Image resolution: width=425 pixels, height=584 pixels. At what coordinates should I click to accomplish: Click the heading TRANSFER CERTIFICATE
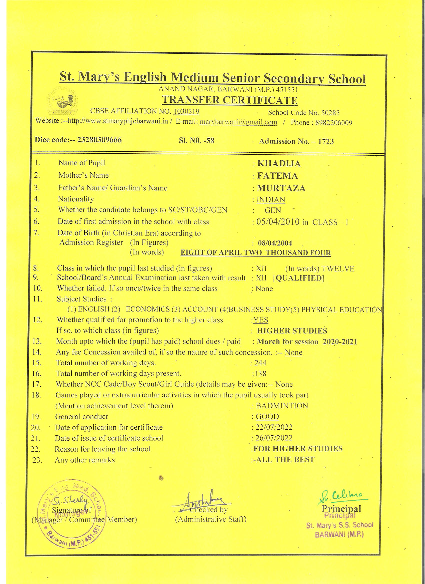coord(229,100)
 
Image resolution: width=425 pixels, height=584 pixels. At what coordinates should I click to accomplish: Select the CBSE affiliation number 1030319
coord(186,111)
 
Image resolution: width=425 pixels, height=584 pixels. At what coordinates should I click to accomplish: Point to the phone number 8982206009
coord(334,123)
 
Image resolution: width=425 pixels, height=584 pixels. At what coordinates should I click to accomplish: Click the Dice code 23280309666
coord(99,140)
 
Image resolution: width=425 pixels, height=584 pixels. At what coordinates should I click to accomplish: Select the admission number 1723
coord(326,141)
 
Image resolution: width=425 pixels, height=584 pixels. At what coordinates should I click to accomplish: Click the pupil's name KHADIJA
coord(279,164)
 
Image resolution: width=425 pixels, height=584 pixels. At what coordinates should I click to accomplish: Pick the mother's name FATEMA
coord(277,176)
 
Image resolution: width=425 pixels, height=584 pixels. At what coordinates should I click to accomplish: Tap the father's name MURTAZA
coord(281,188)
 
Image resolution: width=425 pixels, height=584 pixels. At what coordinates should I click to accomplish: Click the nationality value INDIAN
coord(271,200)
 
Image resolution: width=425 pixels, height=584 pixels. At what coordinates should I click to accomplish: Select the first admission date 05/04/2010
coord(278,222)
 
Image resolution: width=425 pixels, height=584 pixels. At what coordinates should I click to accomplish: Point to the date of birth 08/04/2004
coord(275,243)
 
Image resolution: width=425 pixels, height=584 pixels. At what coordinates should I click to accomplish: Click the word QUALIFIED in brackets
coord(298,278)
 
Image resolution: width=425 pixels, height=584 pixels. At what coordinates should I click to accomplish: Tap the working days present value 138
coord(260,374)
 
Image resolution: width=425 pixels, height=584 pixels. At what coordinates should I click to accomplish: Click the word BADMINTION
coord(282,406)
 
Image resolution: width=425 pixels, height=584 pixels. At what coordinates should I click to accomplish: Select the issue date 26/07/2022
coord(274,438)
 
